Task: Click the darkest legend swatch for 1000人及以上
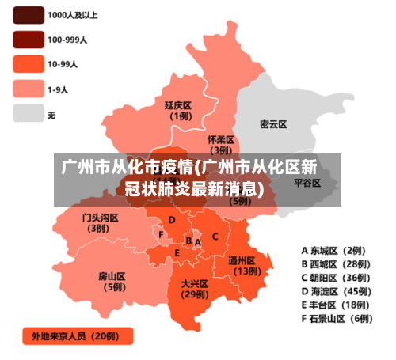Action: pos(28,14)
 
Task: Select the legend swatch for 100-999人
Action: pos(28,39)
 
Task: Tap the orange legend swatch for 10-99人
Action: pos(28,63)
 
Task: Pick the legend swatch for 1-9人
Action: pos(28,89)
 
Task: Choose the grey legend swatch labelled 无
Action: pos(28,113)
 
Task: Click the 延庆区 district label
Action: pos(178,105)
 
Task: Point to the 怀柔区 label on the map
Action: pos(221,139)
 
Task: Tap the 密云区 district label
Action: pos(273,124)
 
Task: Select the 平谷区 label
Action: pos(307,182)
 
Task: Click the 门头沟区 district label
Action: pos(100,217)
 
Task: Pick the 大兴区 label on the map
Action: pos(194,283)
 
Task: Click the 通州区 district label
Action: pos(242,260)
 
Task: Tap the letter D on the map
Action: pos(172,219)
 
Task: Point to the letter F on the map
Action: pos(161,235)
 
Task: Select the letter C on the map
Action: pos(215,236)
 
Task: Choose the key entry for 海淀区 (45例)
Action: pos(336,291)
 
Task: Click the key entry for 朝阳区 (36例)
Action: pos(336,278)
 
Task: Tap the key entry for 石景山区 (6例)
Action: pos(336,319)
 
